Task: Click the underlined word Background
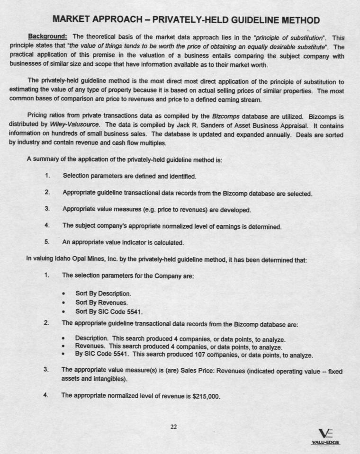click(47, 36)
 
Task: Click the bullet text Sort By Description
click(103, 293)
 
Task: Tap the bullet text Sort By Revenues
click(100, 303)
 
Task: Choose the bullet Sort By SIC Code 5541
click(109, 312)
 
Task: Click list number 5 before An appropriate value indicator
click(47, 242)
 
